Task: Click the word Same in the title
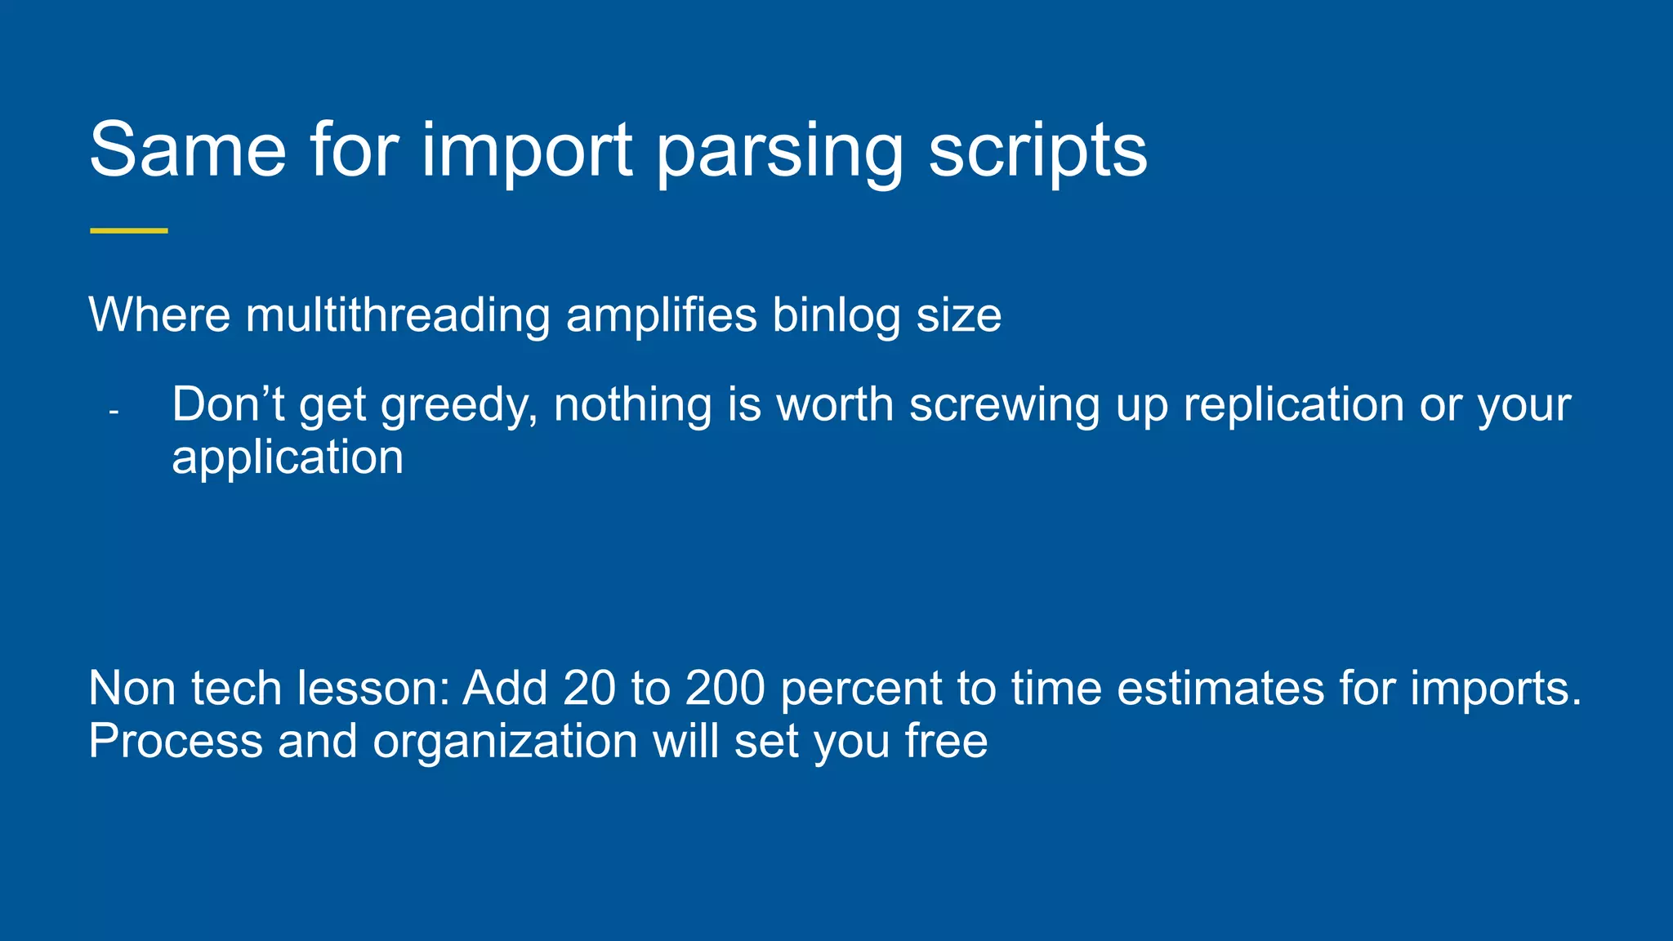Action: click(188, 149)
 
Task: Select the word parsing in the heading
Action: click(779, 151)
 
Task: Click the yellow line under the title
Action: click(128, 231)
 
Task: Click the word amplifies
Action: click(662, 315)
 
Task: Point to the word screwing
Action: click(1005, 405)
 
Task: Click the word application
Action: click(288, 457)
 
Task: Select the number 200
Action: click(725, 688)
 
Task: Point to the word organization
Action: click(505, 742)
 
